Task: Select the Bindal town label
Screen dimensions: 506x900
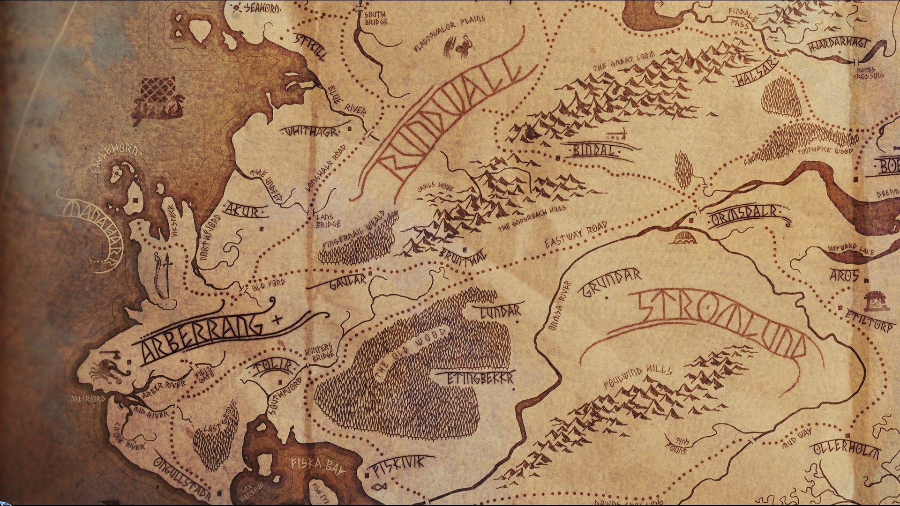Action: [593, 150]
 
